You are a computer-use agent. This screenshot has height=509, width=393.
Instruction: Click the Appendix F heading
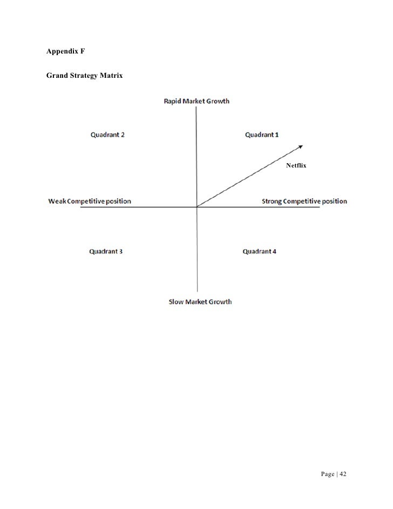click(66, 52)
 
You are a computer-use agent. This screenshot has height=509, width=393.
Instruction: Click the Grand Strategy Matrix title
click(85, 76)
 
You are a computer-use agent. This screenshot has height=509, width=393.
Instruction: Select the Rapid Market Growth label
click(196, 101)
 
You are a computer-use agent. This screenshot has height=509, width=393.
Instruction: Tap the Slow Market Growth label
click(200, 302)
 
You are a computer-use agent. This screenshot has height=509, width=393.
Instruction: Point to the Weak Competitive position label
click(90, 202)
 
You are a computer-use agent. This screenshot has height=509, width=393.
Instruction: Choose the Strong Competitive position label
click(304, 202)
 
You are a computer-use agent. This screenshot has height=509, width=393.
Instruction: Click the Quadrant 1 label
click(262, 135)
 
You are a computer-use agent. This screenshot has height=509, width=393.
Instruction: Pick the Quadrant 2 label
click(107, 135)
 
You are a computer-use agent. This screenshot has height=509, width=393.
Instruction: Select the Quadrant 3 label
click(106, 251)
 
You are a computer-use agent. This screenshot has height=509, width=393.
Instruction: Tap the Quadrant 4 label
click(260, 251)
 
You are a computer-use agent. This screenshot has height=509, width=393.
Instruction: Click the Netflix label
click(296, 165)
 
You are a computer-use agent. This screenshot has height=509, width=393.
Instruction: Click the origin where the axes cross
click(197, 206)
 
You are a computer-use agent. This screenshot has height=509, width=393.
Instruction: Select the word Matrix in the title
click(111, 76)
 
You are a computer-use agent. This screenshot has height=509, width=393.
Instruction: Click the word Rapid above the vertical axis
click(174, 101)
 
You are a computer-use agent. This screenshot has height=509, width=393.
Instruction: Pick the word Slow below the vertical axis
click(176, 302)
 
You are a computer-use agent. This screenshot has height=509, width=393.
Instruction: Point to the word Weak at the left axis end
click(57, 202)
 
